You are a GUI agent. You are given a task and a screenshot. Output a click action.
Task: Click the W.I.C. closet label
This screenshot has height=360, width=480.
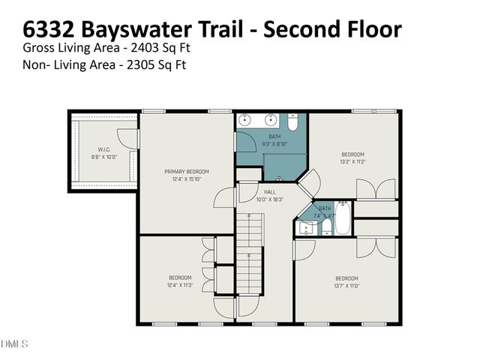click(x=104, y=149)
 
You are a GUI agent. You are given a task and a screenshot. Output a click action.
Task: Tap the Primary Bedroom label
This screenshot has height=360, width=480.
click(x=187, y=172)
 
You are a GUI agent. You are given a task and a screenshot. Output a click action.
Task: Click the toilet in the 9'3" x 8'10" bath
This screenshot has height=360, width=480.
click(x=294, y=121)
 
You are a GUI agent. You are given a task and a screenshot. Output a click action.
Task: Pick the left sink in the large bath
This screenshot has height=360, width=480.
click(x=244, y=120)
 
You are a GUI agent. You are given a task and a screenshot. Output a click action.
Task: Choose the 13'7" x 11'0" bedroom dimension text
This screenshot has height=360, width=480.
click(x=346, y=286)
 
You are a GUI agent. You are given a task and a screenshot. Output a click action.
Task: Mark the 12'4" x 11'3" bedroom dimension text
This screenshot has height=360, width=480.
click(x=180, y=285)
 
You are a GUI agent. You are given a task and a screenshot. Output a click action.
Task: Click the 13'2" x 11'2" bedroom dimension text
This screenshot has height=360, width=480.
click(x=352, y=161)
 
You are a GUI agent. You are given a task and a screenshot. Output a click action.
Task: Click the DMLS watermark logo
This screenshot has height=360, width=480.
click(x=15, y=344)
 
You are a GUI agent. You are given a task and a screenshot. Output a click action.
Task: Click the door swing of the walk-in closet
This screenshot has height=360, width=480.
click(x=131, y=139)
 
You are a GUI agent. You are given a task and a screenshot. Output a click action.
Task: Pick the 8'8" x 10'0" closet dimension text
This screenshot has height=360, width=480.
click(x=104, y=157)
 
